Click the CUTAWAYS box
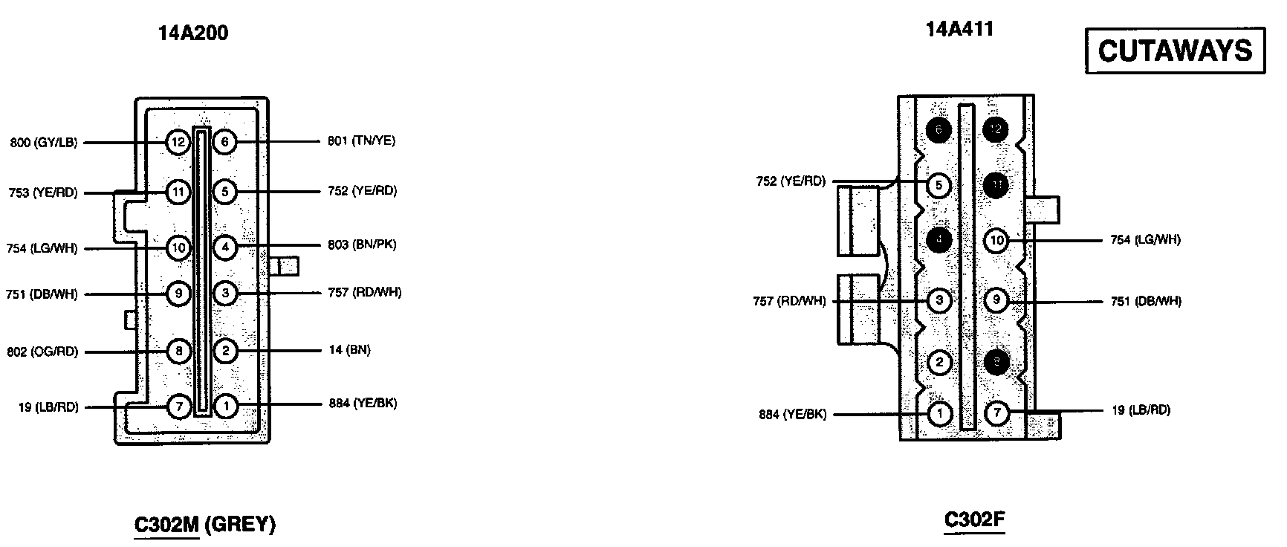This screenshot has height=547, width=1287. point(1175,51)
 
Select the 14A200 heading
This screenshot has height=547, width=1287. point(193,33)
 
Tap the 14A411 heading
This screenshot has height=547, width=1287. point(959,29)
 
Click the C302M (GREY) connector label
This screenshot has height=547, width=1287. point(204,525)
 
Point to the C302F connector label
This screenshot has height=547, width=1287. point(974,520)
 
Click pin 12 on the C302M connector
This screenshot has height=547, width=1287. point(178,141)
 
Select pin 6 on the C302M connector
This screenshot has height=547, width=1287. point(224,141)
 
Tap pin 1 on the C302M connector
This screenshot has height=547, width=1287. point(224,406)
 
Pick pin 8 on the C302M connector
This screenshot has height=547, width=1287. point(178,351)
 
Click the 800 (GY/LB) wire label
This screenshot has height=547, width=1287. point(44,143)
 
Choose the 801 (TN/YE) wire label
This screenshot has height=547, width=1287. point(361,140)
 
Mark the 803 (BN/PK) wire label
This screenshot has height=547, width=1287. point(362,245)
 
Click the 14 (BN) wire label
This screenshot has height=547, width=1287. point(349,349)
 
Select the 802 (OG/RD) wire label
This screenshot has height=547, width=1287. point(43,352)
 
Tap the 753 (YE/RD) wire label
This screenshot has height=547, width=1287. point(43,192)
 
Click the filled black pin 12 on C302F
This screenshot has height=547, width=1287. point(996,129)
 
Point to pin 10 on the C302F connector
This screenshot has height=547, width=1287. point(996,240)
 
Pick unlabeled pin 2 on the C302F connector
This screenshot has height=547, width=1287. point(940,363)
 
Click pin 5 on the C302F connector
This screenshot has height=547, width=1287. point(940,184)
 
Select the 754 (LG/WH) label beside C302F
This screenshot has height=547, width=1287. point(1145,239)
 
